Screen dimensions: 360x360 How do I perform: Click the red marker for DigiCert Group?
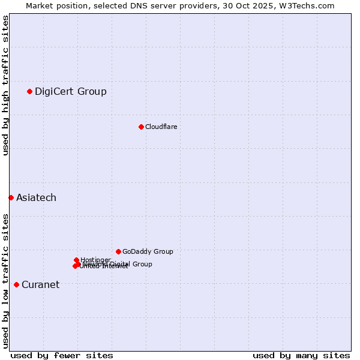click(29, 91)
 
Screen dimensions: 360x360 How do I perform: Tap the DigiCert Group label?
click(70, 92)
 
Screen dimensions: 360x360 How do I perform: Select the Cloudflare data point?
click(141, 127)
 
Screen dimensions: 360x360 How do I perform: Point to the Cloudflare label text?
click(161, 127)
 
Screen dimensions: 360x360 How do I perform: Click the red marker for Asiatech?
click(11, 197)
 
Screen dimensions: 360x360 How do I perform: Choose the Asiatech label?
click(36, 198)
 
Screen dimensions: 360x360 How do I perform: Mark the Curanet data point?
click(16, 284)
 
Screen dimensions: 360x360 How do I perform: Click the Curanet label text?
click(40, 285)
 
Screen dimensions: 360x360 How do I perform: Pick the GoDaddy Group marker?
click(118, 251)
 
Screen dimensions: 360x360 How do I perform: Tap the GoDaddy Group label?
click(148, 251)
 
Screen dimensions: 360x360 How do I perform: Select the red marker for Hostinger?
click(77, 260)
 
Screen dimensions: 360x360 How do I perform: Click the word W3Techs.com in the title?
click(310, 5)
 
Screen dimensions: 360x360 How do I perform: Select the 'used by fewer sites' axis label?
click(62, 355)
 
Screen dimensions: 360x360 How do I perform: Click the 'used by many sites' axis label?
click(301, 355)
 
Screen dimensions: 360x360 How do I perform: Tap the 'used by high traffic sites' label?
click(5, 86)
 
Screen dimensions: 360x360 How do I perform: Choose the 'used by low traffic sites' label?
click(5, 281)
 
